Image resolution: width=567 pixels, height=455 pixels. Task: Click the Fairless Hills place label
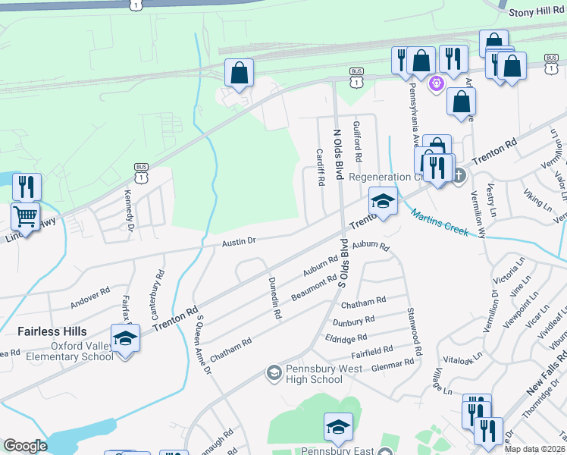(x=53, y=331)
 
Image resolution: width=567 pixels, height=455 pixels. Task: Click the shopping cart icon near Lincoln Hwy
(x=25, y=217)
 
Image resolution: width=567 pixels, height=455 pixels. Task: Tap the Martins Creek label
(x=440, y=222)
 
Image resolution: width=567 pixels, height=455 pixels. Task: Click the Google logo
(x=25, y=446)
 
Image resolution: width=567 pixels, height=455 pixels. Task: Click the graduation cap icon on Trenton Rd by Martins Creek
(x=383, y=202)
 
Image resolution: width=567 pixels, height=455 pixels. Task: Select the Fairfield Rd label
(x=371, y=351)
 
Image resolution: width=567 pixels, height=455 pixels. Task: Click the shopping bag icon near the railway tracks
(x=239, y=74)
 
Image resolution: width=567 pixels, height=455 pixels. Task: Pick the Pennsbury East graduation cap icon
(x=338, y=427)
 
